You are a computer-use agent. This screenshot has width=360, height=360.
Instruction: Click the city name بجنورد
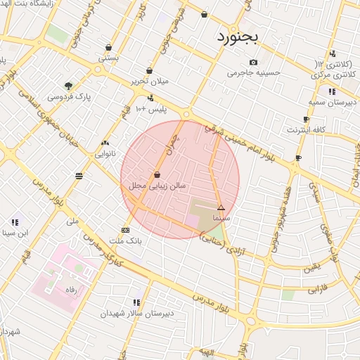(x=238, y=37)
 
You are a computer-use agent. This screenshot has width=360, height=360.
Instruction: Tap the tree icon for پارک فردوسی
(x=68, y=86)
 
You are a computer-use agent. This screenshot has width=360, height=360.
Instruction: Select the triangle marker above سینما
(x=221, y=207)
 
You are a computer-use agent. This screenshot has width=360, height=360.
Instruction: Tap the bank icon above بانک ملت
(x=125, y=230)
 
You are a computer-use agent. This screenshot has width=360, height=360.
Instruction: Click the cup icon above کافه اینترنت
(x=306, y=120)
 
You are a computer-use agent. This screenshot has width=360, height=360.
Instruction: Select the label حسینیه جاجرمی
(x=255, y=72)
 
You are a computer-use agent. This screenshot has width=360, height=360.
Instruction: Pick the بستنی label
(x=108, y=58)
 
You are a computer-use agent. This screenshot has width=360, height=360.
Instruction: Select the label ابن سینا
(x=14, y=232)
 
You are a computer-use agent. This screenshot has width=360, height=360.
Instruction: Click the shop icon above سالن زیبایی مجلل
(x=157, y=174)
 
